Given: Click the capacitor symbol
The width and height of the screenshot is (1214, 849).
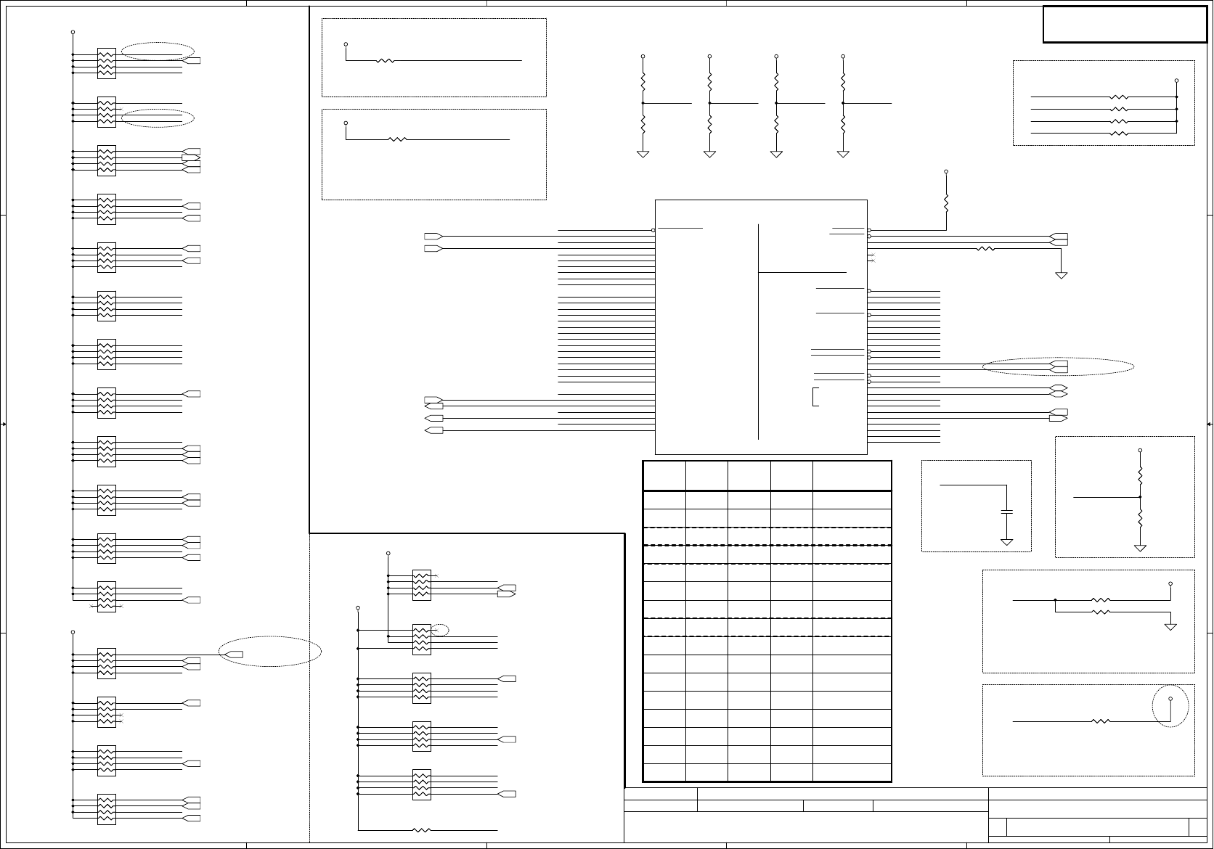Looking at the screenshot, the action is point(1006,512).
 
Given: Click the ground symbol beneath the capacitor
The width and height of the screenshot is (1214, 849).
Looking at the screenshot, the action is point(1006,542).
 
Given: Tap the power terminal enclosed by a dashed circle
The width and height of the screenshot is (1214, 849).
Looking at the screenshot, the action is point(1170,699).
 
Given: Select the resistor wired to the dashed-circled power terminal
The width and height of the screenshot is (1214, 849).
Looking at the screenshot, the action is point(1101,721).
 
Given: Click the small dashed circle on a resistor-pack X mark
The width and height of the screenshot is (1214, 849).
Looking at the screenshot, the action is point(441,630).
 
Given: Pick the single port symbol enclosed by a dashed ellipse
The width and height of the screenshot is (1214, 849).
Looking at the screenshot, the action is point(235,655).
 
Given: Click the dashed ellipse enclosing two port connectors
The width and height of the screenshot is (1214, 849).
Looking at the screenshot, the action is point(1058,366).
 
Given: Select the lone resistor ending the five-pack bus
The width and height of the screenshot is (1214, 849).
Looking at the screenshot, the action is point(421,829).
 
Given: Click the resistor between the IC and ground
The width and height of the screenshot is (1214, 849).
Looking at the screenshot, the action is point(985,248).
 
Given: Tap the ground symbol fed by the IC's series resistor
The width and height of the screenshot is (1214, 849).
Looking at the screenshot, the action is point(1061,275).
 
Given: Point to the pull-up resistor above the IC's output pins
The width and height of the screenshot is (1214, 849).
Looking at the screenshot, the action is point(946,202).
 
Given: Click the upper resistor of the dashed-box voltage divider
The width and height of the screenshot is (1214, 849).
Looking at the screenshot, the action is point(1140,475).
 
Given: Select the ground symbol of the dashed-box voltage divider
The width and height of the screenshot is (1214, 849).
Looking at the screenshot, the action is point(1140,548).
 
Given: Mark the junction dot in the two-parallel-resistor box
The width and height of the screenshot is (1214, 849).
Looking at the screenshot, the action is point(1055,600).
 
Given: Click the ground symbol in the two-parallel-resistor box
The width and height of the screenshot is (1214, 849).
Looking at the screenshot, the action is point(1170,626).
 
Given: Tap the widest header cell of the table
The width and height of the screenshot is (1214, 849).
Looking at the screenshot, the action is point(852,476).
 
